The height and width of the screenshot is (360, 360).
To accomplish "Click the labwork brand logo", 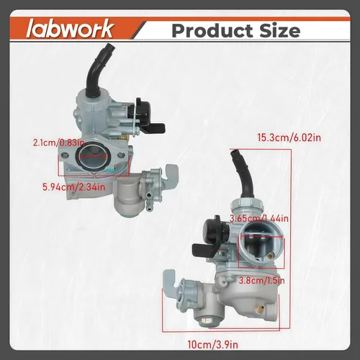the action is (x=70, y=29).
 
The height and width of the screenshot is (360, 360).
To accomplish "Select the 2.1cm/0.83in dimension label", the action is (x=59, y=143).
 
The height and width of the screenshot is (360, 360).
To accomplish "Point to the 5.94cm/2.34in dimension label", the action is (x=74, y=187).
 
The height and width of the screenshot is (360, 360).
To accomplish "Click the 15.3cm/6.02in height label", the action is (x=289, y=138).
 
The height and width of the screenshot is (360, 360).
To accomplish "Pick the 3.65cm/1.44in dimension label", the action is (x=259, y=219).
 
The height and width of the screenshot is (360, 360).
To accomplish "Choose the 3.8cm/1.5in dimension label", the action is (x=261, y=280).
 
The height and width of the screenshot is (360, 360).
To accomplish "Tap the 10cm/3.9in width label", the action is (x=213, y=345).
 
